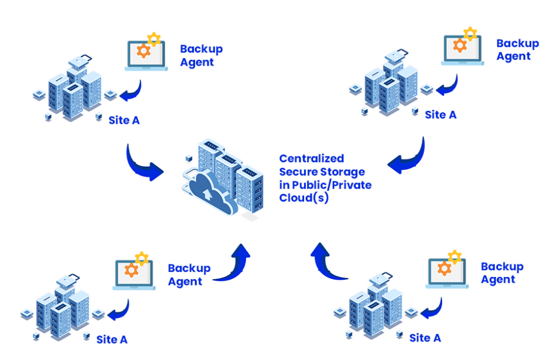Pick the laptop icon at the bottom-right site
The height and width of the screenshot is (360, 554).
click(x=447, y=273)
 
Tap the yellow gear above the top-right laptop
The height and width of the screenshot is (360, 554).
click(x=470, y=33)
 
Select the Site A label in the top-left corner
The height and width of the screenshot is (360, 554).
click(x=124, y=120)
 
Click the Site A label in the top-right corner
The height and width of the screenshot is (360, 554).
click(x=441, y=115)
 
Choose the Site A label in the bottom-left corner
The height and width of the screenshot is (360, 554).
click(x=112, y=339)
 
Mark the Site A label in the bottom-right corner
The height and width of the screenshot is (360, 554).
click(x=425, y=338)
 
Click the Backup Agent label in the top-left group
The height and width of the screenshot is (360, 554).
click(x=201, y=55)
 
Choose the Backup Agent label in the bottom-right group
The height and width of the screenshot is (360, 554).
click(x=501, y=272)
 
